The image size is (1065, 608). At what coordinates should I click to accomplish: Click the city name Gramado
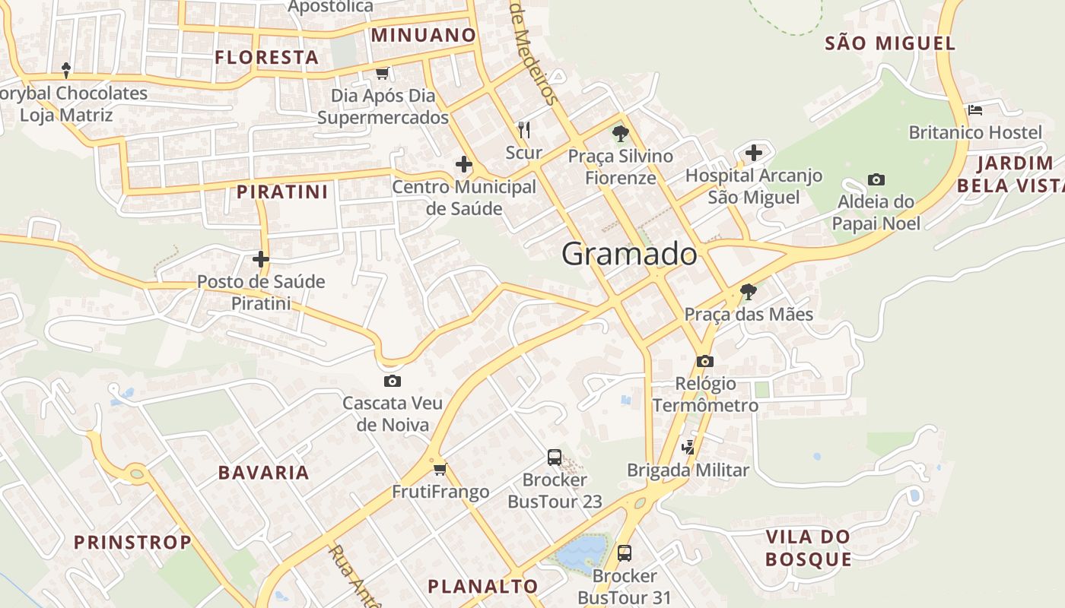[629, 254]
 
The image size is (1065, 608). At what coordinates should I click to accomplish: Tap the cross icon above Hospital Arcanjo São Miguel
[754, 153]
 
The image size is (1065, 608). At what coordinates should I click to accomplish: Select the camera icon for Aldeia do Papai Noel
[876, 180]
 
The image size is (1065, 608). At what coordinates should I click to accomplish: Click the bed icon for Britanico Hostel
[975, 110]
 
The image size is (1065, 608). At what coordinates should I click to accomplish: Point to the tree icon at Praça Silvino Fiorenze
[621, 135]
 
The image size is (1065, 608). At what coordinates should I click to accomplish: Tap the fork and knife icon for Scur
[523, 130]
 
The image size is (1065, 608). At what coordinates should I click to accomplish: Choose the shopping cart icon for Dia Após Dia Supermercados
[383, 73]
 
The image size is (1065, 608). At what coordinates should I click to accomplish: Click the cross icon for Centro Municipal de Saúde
[463, 164]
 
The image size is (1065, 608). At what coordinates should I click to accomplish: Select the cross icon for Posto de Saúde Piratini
[261, 259]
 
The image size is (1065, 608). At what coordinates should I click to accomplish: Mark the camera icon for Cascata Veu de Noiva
[393, 381]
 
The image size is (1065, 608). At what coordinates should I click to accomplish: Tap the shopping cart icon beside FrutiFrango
[440, 469]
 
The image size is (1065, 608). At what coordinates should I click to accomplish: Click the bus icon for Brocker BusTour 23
[555, 458]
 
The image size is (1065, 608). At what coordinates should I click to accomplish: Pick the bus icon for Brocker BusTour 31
[625, 553]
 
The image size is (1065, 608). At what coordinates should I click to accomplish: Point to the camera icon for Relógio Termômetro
[705, 361]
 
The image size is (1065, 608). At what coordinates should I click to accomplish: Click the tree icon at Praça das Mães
[749, 291]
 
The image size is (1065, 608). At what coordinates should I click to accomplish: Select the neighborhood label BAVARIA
[264, 473]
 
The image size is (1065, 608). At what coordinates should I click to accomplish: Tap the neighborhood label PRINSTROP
[132, 543]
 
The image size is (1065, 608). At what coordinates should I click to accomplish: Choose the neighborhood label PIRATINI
[282, 192]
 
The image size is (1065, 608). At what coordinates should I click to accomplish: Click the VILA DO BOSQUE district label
[808, 548]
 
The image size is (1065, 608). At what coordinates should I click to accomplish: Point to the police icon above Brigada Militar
[688, 447]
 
